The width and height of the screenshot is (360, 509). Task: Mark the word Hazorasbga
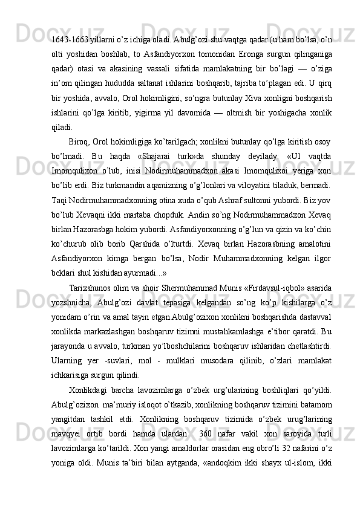click(x=93, y=229)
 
